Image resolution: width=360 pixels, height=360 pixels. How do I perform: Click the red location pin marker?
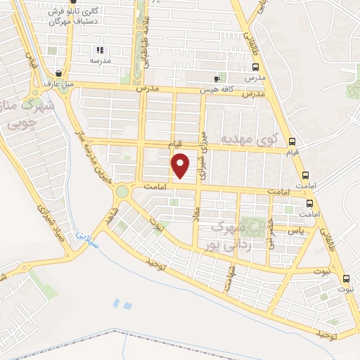[181, 165]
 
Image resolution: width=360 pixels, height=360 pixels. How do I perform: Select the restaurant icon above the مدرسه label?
[100, 50]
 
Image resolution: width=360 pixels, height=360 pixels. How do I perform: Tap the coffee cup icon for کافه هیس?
[217, 79]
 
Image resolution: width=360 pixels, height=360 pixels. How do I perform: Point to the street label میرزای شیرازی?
[205, 155]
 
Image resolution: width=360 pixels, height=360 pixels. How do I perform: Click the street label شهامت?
[228, 276]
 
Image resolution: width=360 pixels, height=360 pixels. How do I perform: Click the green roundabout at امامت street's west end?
[123, 191]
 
